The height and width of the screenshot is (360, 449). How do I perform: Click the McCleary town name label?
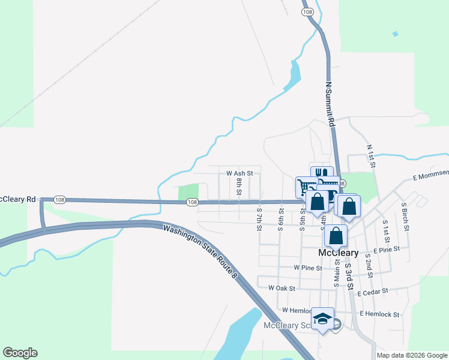coord(338,253)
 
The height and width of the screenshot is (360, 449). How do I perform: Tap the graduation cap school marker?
coord(322,320)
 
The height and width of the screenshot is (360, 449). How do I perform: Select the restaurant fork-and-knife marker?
coord(322,175)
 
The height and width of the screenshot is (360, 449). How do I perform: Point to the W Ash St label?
coord(240,173)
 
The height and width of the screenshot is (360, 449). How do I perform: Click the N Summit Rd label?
coord(330,104)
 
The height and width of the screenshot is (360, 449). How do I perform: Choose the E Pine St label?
coord(387,250)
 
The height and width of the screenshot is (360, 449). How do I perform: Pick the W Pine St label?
coord(308,268)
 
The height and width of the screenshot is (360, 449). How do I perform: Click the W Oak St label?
coord(282,288)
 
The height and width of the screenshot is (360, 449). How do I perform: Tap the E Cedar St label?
coord(373,293)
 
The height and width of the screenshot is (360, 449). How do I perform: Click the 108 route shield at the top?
coord(308,12)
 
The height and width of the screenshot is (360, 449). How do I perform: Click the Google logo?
coord(20,353)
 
